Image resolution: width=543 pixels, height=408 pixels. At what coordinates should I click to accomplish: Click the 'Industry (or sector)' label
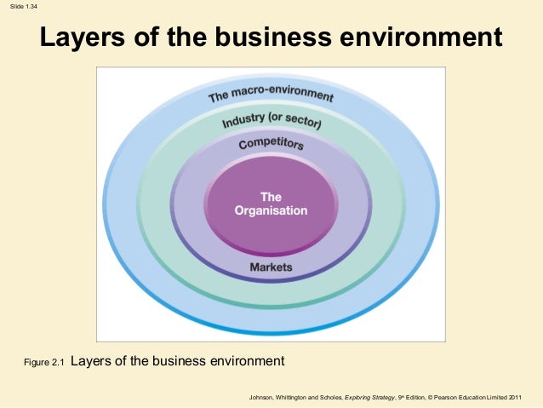point(271,121)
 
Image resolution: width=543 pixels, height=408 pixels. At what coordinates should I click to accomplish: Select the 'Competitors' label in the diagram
point(271,145)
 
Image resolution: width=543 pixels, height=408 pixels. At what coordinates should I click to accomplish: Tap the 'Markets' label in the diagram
point(271,267)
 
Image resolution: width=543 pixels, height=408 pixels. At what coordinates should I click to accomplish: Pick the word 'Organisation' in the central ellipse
point(271,210)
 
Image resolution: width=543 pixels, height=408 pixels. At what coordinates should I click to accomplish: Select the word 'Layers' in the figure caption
point(90,361)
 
